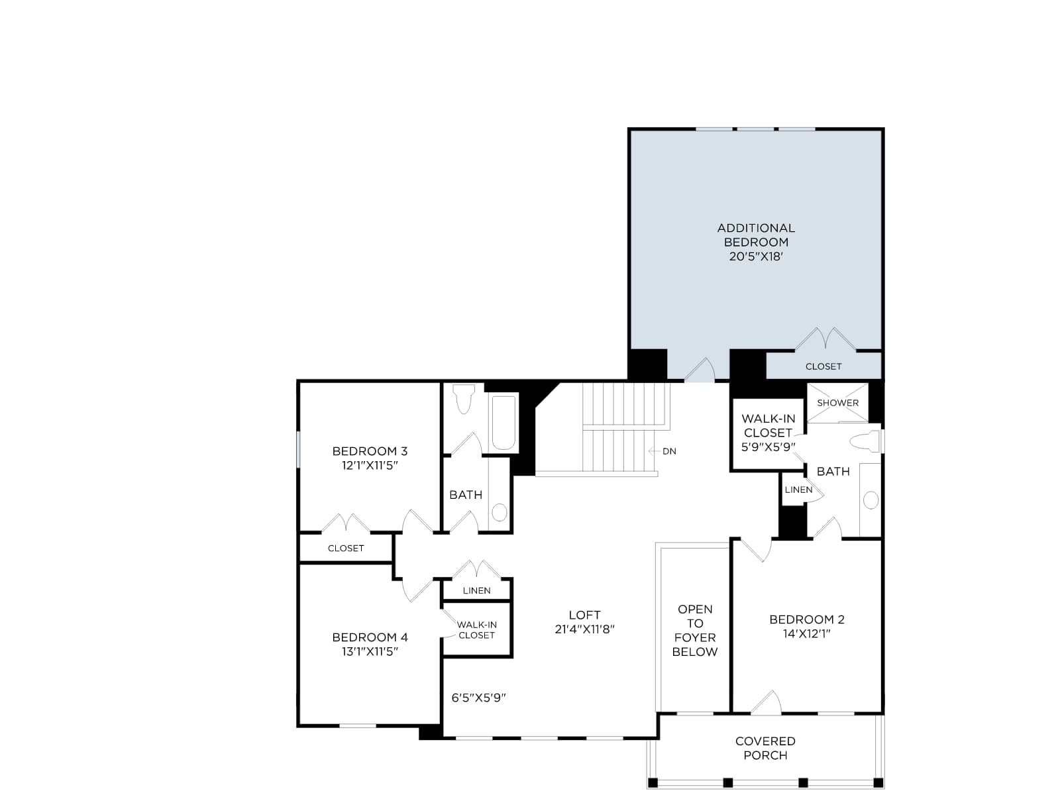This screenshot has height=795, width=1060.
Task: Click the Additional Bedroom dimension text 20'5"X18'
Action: (x=756, y=256)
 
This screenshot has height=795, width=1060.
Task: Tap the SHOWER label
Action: (x=838, y=403)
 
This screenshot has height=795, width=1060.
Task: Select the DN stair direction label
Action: (x=669, y=451)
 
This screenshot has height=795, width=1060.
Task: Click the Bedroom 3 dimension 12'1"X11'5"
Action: (x=370, y=465)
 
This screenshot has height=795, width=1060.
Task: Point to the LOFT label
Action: (x=584, y=615)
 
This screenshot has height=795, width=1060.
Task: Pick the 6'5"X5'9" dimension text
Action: (x=478, y=698)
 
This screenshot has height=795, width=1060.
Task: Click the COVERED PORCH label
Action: (x=765, y=748)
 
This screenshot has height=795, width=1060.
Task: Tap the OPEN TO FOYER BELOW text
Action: (x=695, y=631)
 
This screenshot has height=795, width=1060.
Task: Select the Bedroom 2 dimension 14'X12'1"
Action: (x=807, y=633)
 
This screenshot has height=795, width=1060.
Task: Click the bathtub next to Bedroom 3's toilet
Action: (x=503, y=423)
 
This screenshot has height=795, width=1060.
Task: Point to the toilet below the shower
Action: (x=865, y=441)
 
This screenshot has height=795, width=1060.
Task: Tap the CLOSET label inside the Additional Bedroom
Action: (x=823, y=366)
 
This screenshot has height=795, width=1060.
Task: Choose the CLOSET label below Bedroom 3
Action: (x=346, y=549)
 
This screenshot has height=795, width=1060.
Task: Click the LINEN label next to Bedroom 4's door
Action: (x=476, y=590)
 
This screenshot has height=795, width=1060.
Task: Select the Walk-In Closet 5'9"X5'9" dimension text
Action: (x=768, y=447)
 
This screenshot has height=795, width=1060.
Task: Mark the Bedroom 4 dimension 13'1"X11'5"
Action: (x=370, y=651)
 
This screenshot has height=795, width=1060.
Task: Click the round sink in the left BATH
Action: (x=500, y=512)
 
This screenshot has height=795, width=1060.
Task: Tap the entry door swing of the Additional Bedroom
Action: (x=699, y=370)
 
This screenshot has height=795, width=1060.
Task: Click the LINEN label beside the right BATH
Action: (x=798, y=490)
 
